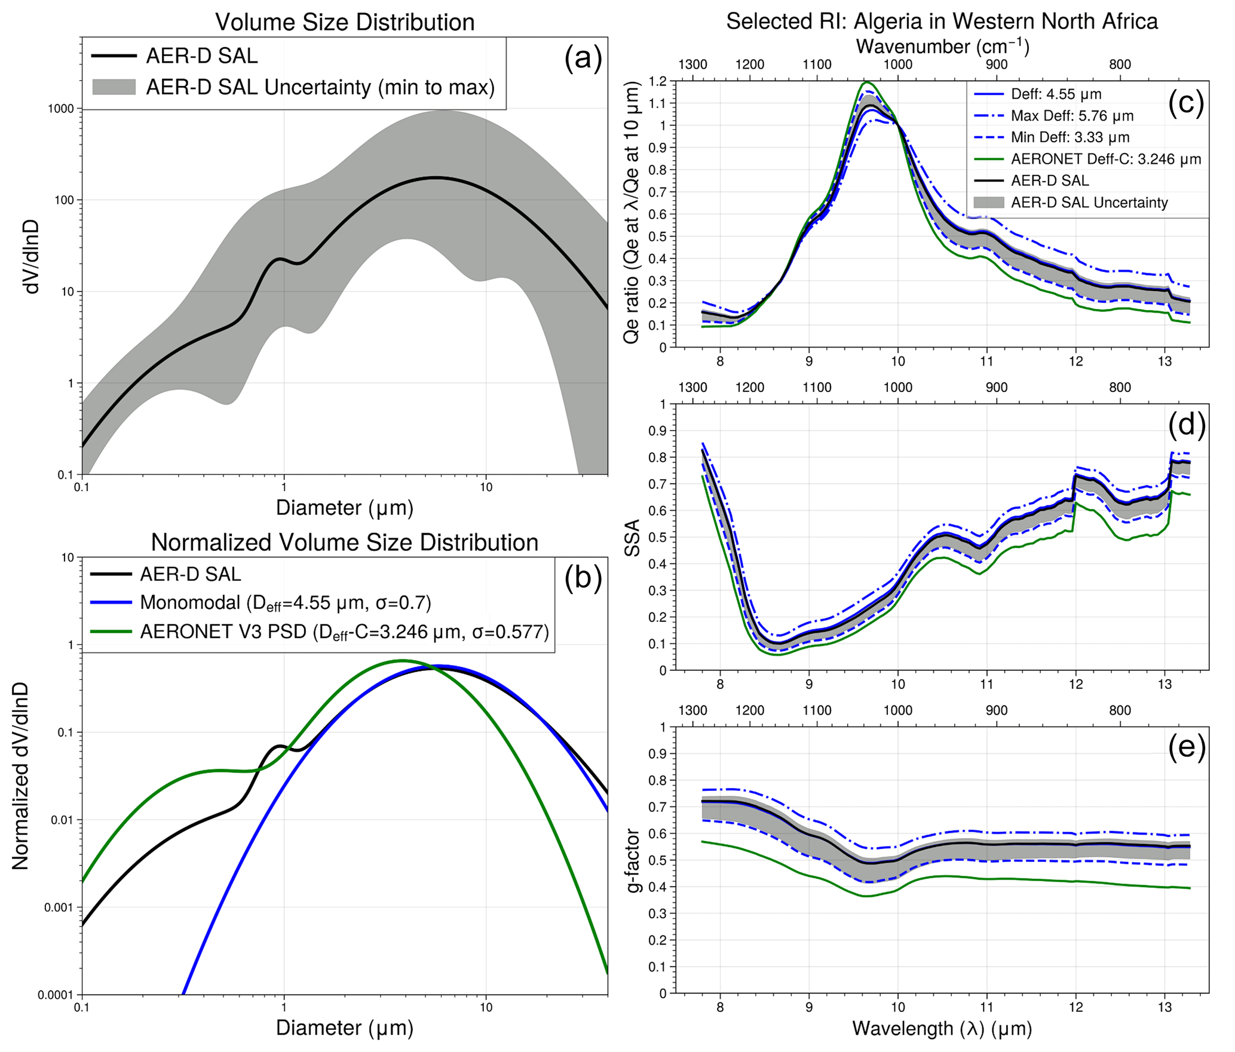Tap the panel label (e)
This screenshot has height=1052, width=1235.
(x=1186, y=748)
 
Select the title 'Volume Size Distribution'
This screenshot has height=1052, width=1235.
(x=345, y=22)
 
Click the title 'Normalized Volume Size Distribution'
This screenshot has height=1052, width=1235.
(x=345, y=542)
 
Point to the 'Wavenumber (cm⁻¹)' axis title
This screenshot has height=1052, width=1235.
(x=942, y=46)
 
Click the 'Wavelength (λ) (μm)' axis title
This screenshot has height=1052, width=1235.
(x=942, y=1028)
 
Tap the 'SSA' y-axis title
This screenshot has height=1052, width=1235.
(x=632, y=538)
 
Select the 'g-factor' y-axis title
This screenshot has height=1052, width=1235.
(x=633, y=860)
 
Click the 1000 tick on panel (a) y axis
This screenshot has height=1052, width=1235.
(x=61, y=109)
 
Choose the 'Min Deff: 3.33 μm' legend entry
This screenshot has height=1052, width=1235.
(x=1069, y=137)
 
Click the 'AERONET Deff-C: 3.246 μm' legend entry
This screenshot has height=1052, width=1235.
(x=1105, y=159)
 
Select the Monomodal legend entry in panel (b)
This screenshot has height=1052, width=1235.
(x=285, y=602)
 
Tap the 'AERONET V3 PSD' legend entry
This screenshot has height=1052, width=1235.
(x=344, y=631)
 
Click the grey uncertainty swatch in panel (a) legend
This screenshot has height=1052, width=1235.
(x=114, y=87)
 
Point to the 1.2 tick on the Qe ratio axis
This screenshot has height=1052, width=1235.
(x=659, y=81)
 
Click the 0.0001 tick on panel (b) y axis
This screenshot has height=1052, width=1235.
(x=56, y=995)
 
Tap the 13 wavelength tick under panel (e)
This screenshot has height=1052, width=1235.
(x=1164, y=1007)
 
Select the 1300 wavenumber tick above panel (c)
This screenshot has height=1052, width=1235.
(x=693, y=65)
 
